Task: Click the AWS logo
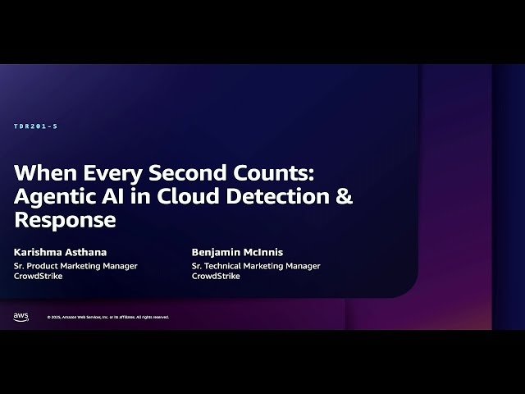(21, 316)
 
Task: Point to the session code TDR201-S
(35, 126)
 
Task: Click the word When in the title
(40, 175)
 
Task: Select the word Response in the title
(65, 221)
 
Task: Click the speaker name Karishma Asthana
(60, 253)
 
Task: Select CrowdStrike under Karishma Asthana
(39, 277)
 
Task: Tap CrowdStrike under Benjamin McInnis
(216, 277)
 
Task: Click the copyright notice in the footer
(107, 317)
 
